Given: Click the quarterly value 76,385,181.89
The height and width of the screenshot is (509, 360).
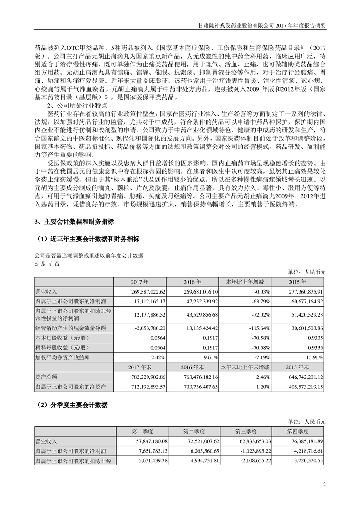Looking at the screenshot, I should tap(304, 441).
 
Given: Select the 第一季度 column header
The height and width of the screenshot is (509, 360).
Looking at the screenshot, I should tap(142, 431).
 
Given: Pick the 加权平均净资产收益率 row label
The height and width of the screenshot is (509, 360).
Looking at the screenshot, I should tap(62, 357).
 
